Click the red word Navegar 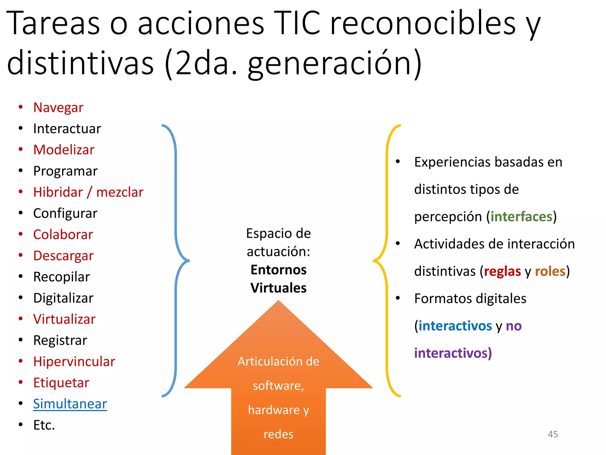tap(58, 108)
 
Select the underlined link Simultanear tap(70, 404)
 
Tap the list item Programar tap(65, 171)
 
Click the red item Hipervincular tap(74, 362)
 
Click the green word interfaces tap(521, 217)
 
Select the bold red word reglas tap(502, 271)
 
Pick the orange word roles tap(550, 271)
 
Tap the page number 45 tap(553, 434)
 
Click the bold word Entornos tap(278, 270)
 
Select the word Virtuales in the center tap(278, 288)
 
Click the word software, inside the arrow tap(278, 386)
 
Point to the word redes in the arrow tap(278, 434)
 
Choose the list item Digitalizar tap(63, 298)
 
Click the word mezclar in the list tap(120, 192)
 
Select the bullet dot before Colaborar tap(21, 234)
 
